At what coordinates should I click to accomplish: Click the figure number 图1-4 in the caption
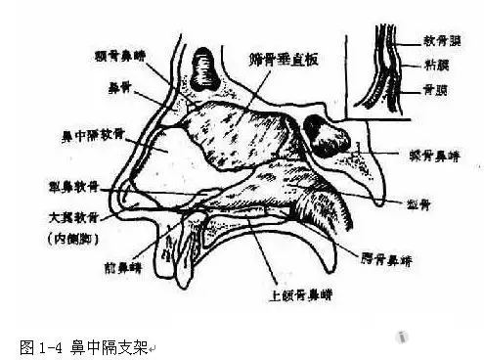coord(41,346)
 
